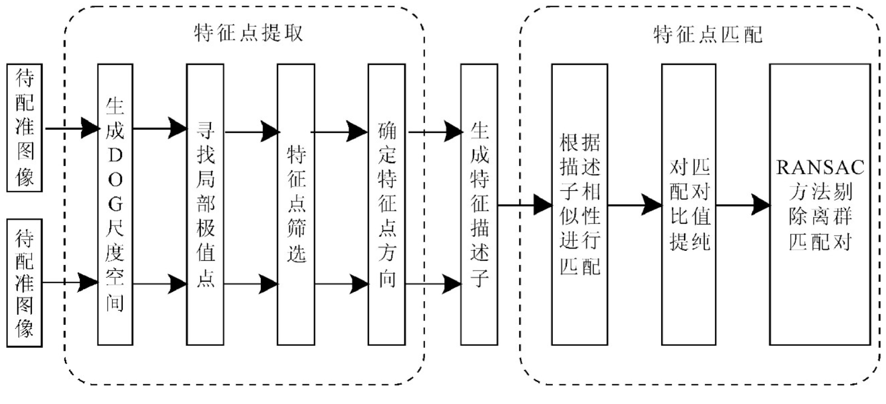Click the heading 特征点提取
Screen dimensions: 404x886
[x=248, y=34]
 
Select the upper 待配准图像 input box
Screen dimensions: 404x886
[x=25, y=127]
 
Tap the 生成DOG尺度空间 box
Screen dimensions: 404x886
[x=115, y=204]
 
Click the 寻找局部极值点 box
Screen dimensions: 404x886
[x=205, y=204]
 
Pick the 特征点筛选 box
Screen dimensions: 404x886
[x=296, y=204]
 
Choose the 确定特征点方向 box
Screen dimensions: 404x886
[x=387, y=204]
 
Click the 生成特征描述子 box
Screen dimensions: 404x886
[x=479, y=204]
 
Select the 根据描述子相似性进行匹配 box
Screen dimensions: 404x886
[x=579, y=204]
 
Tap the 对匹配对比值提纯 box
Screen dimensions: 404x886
[x=689, y=204]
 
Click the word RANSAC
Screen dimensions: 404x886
[x=820, y=167]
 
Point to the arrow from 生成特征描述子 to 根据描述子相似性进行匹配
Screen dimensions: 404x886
[x=524, y=205]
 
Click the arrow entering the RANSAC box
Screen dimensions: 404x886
[x=743, y=205]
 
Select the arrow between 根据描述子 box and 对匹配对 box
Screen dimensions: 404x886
[x=635, y=205]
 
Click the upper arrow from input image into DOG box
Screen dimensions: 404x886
[x=72, y=128]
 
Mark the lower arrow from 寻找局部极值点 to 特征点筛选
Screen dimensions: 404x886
[x=251, y=284]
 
